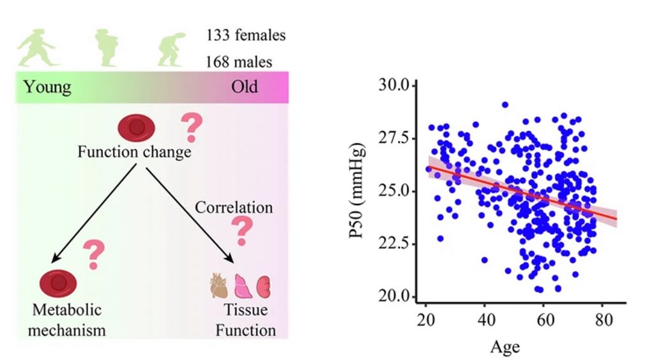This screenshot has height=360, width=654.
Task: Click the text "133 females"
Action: (246, 35)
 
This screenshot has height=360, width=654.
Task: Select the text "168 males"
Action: (239, 62)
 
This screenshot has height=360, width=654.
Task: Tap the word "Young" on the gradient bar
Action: (47, 86)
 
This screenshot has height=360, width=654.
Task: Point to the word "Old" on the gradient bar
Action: (245, 86)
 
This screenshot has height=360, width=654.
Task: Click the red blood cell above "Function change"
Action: (135, 128)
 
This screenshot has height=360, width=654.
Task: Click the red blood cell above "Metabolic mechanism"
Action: (58, 282)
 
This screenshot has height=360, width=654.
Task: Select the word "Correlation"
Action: (234, 207)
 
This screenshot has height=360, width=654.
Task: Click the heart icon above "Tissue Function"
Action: (219, 287)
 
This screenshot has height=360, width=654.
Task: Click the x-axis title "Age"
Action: (505, 347)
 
